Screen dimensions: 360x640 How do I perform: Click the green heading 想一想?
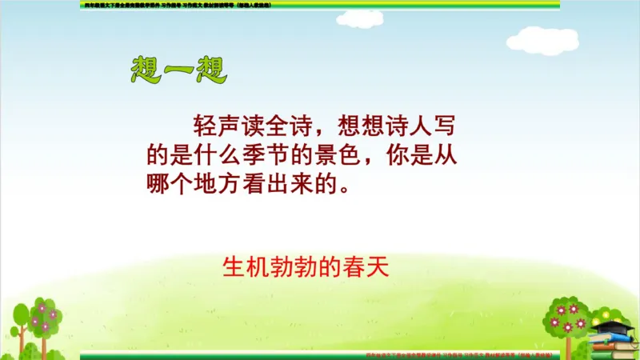click(178, 70)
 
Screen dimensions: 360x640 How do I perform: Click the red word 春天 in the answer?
click(368, 266)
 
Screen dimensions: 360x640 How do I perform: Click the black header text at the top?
click(177, 5)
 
